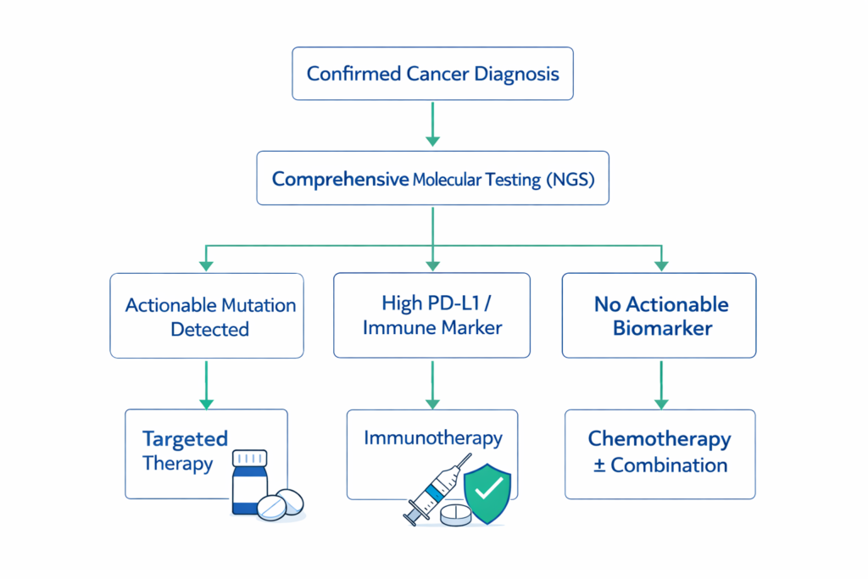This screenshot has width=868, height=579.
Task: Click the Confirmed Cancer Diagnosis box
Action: [432, 74]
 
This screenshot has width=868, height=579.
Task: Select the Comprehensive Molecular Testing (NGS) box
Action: [432, 180]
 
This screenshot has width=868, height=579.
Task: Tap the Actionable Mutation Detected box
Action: [207, 315]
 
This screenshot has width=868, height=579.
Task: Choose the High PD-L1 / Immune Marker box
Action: [431, 315]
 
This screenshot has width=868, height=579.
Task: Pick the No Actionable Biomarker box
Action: [659, 315]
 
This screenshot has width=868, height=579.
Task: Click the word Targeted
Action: [185, 439]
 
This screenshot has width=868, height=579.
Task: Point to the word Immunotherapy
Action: [432, 438]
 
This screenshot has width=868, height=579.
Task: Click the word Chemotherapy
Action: [659, 439]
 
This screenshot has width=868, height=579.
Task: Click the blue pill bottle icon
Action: [249, 485]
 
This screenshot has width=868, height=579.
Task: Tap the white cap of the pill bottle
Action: [249, 458]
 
